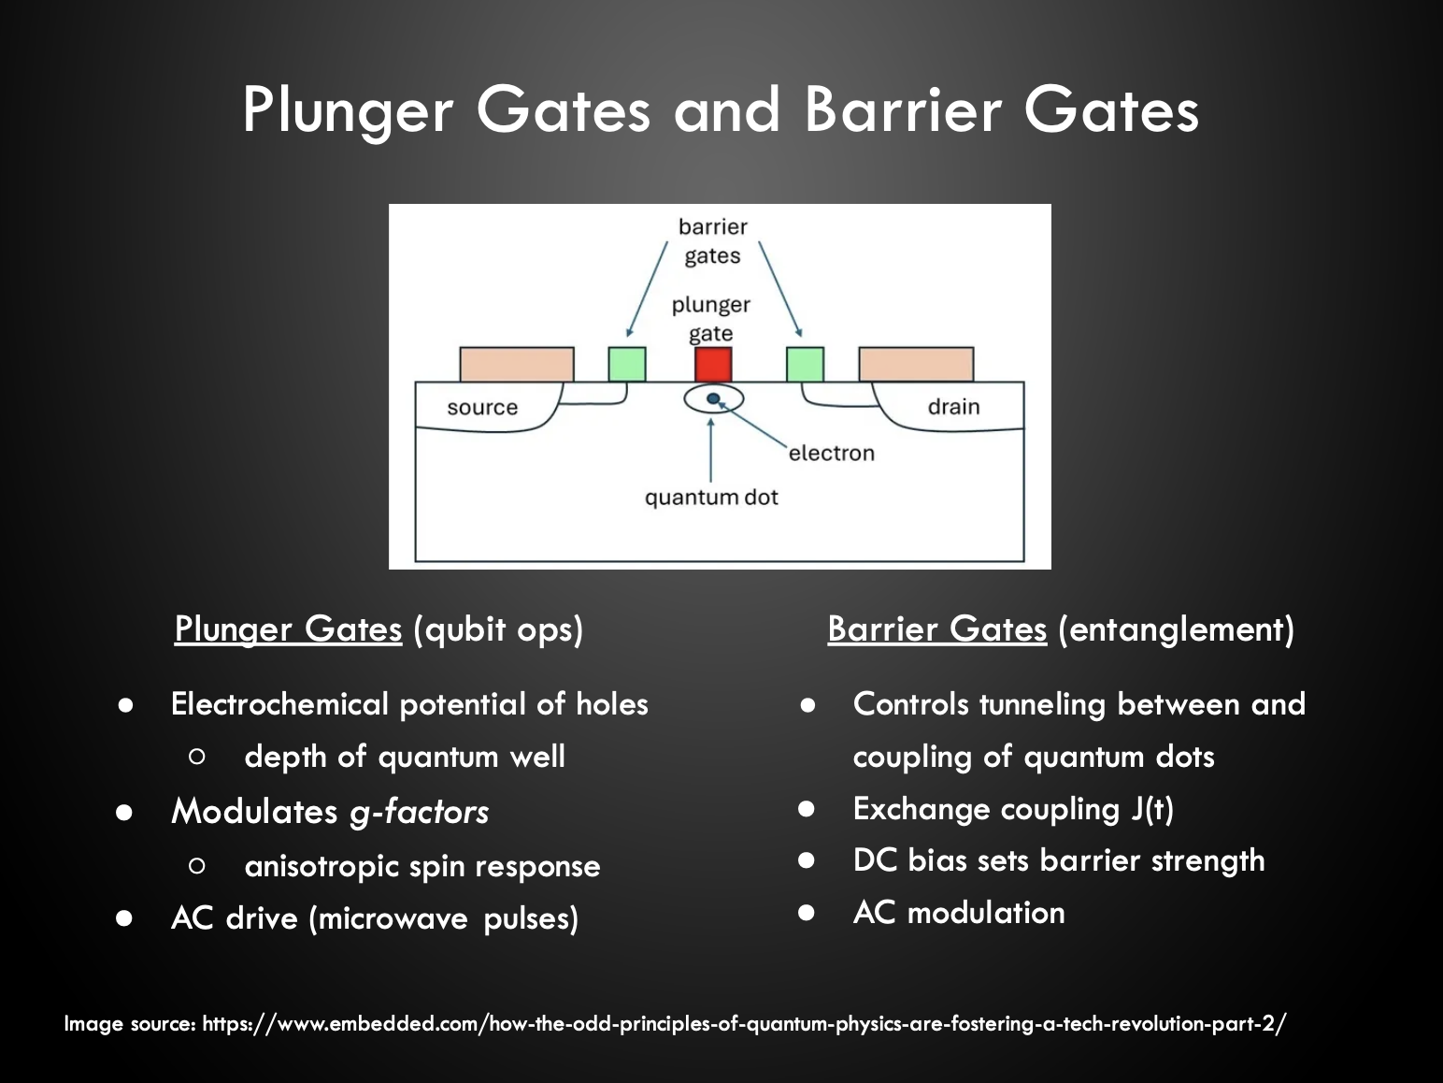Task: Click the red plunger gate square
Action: (712, 364)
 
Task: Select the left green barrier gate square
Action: (626, 364)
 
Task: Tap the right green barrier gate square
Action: (805, 364)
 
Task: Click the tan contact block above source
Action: (516, 364)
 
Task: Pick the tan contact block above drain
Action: (916, 364)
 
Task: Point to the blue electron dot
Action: (714, 399)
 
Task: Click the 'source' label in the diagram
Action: (482, 408)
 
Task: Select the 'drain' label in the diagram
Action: (953, 407)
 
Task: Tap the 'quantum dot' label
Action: (711, 498)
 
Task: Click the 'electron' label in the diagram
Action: (832, 454)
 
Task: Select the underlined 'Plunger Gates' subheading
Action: (288, 628)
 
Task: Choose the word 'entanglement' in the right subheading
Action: (1176, 628)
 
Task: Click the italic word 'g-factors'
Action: (419, 812)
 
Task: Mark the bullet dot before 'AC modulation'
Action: (807, 913)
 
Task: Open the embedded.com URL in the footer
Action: (744, 1023)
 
